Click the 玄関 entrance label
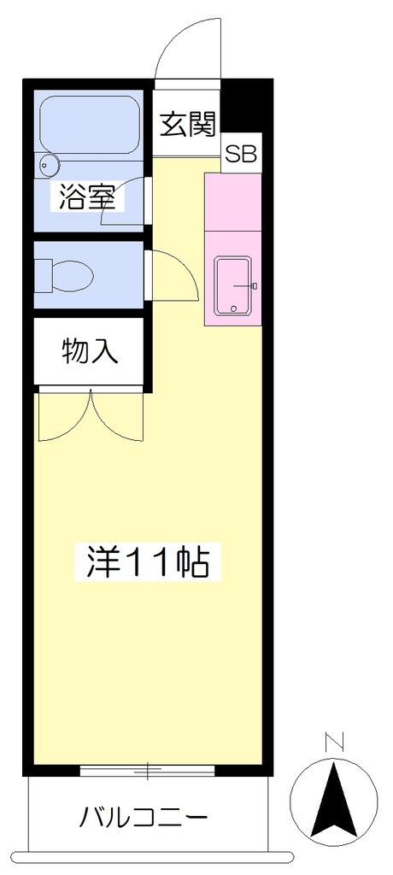pos(188,125)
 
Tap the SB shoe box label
pos(241,154)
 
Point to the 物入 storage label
pos(90,351)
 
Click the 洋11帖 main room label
pos(148,563)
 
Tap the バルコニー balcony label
pos(144,818)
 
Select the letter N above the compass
pos(334,742)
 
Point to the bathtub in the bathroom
pos(90,125)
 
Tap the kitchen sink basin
pos(233,285)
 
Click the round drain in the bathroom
pos(47,164)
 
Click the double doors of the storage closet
pos(91,416)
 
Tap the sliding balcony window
pos(147,771)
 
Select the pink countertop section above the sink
pos(232,202)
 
